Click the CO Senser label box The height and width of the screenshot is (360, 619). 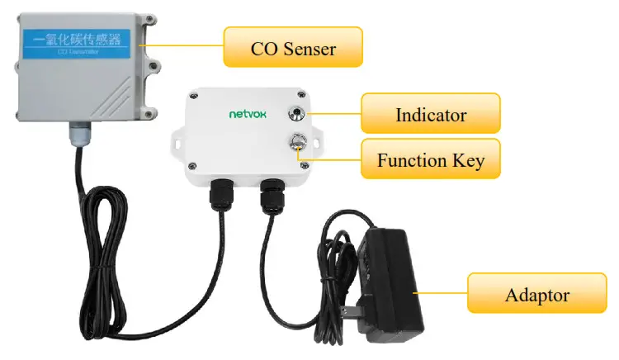point(293,48)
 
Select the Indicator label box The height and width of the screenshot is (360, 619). point(430,113)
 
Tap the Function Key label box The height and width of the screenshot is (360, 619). point(430,159)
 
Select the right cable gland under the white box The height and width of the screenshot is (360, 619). point(271,197)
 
